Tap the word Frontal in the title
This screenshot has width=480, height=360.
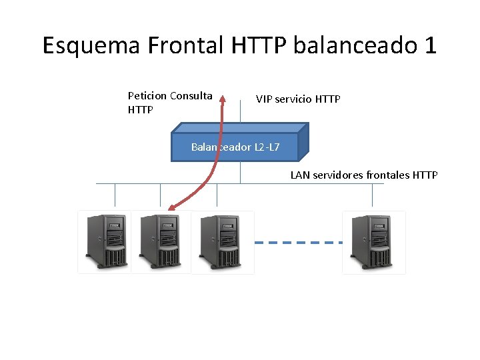coord(187,45)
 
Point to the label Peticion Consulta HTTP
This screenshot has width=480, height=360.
coord(170,102)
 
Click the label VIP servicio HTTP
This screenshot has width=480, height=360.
coord(298,99)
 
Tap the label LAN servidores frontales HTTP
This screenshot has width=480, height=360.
coord(364,175)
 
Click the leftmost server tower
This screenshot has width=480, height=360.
coord(104,241)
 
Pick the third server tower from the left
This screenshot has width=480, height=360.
coord(222,241)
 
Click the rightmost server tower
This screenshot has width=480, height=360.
coord(373,241)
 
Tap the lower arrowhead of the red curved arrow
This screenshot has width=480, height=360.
coord(171,208)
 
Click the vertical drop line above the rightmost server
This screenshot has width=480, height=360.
coord(373,195)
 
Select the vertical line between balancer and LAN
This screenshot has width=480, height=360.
coord(240,173)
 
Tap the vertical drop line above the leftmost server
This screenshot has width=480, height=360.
coord(115,195)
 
